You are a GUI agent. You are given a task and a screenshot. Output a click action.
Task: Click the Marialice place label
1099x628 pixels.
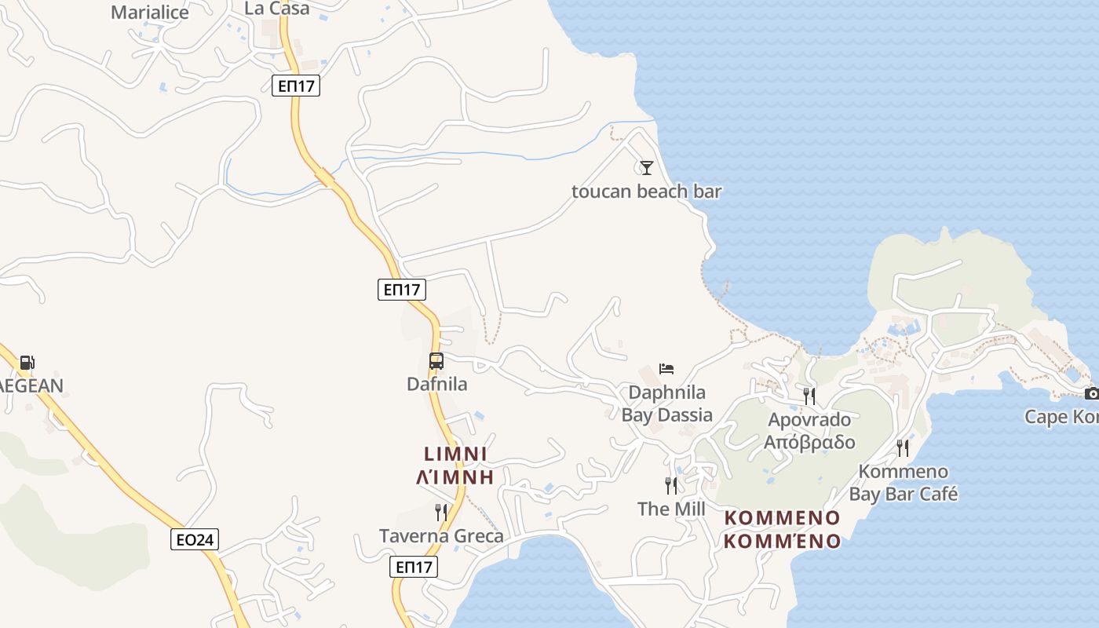coord(150,12)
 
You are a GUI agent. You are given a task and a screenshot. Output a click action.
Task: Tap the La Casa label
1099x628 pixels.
coord(277,8)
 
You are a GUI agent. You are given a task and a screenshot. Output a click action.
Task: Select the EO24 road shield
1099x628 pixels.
coord(195,539)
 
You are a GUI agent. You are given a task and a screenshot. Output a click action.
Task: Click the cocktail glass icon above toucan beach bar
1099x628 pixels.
coord(646,167)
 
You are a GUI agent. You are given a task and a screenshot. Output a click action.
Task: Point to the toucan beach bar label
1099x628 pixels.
coord(646,191)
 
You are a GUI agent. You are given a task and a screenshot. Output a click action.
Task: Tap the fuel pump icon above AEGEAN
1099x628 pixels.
coord(27,362)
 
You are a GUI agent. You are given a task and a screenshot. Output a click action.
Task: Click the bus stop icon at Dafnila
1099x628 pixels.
coord(436,361)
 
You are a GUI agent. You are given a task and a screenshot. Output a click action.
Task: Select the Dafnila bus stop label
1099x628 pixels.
coord(436,384)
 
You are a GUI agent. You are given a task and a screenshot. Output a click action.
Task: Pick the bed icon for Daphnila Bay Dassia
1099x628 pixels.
coord(666,368)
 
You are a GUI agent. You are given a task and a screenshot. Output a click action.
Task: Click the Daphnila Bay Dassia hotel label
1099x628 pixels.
coord(667,403)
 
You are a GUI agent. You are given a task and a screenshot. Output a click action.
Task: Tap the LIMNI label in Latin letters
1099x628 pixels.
coord(455,454)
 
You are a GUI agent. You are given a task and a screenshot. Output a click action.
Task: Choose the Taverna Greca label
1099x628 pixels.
coord(441,536)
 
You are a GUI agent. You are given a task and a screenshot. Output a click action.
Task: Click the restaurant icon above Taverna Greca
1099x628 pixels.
coord(441,513)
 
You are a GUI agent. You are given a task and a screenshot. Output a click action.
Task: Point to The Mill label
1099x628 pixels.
coord(671,509)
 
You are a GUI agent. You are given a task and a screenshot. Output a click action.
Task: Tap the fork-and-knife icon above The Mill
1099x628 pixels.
coord(671,485)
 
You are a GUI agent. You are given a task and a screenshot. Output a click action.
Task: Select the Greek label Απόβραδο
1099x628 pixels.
coord(809,442)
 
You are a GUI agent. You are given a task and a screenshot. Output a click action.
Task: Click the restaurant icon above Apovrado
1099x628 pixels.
coord(809,395)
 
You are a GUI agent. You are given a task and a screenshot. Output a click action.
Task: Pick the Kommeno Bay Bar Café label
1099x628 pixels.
coord(904,483)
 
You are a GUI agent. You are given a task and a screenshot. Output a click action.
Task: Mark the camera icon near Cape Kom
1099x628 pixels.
coord(1090,393)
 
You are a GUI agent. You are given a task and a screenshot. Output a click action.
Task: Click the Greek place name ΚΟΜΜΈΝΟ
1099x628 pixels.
coord(782,541)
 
